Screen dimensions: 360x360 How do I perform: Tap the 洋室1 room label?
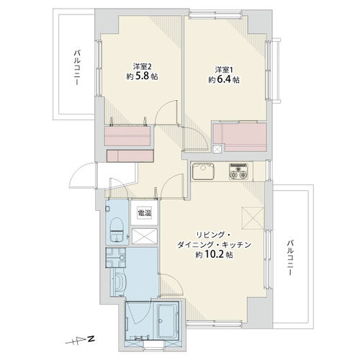click(224, 70)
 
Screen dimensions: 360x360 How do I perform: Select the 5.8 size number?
click(143, 76)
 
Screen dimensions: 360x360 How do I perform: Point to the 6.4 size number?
click(225, 80)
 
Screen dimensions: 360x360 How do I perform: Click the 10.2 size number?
click(215, 255)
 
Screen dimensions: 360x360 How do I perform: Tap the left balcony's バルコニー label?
click(77, 68)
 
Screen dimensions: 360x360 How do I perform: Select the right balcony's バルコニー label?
click(291, 257)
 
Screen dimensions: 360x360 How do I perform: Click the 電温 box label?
click(144, 212)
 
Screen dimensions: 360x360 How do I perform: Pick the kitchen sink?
click(203, 171)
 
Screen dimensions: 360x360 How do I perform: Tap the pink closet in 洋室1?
click(240, 137)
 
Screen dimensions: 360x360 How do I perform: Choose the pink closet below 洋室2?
click(127, 135)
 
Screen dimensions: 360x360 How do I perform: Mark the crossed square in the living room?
click(253, 218)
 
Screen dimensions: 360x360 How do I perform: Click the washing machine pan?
click(116, 258)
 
